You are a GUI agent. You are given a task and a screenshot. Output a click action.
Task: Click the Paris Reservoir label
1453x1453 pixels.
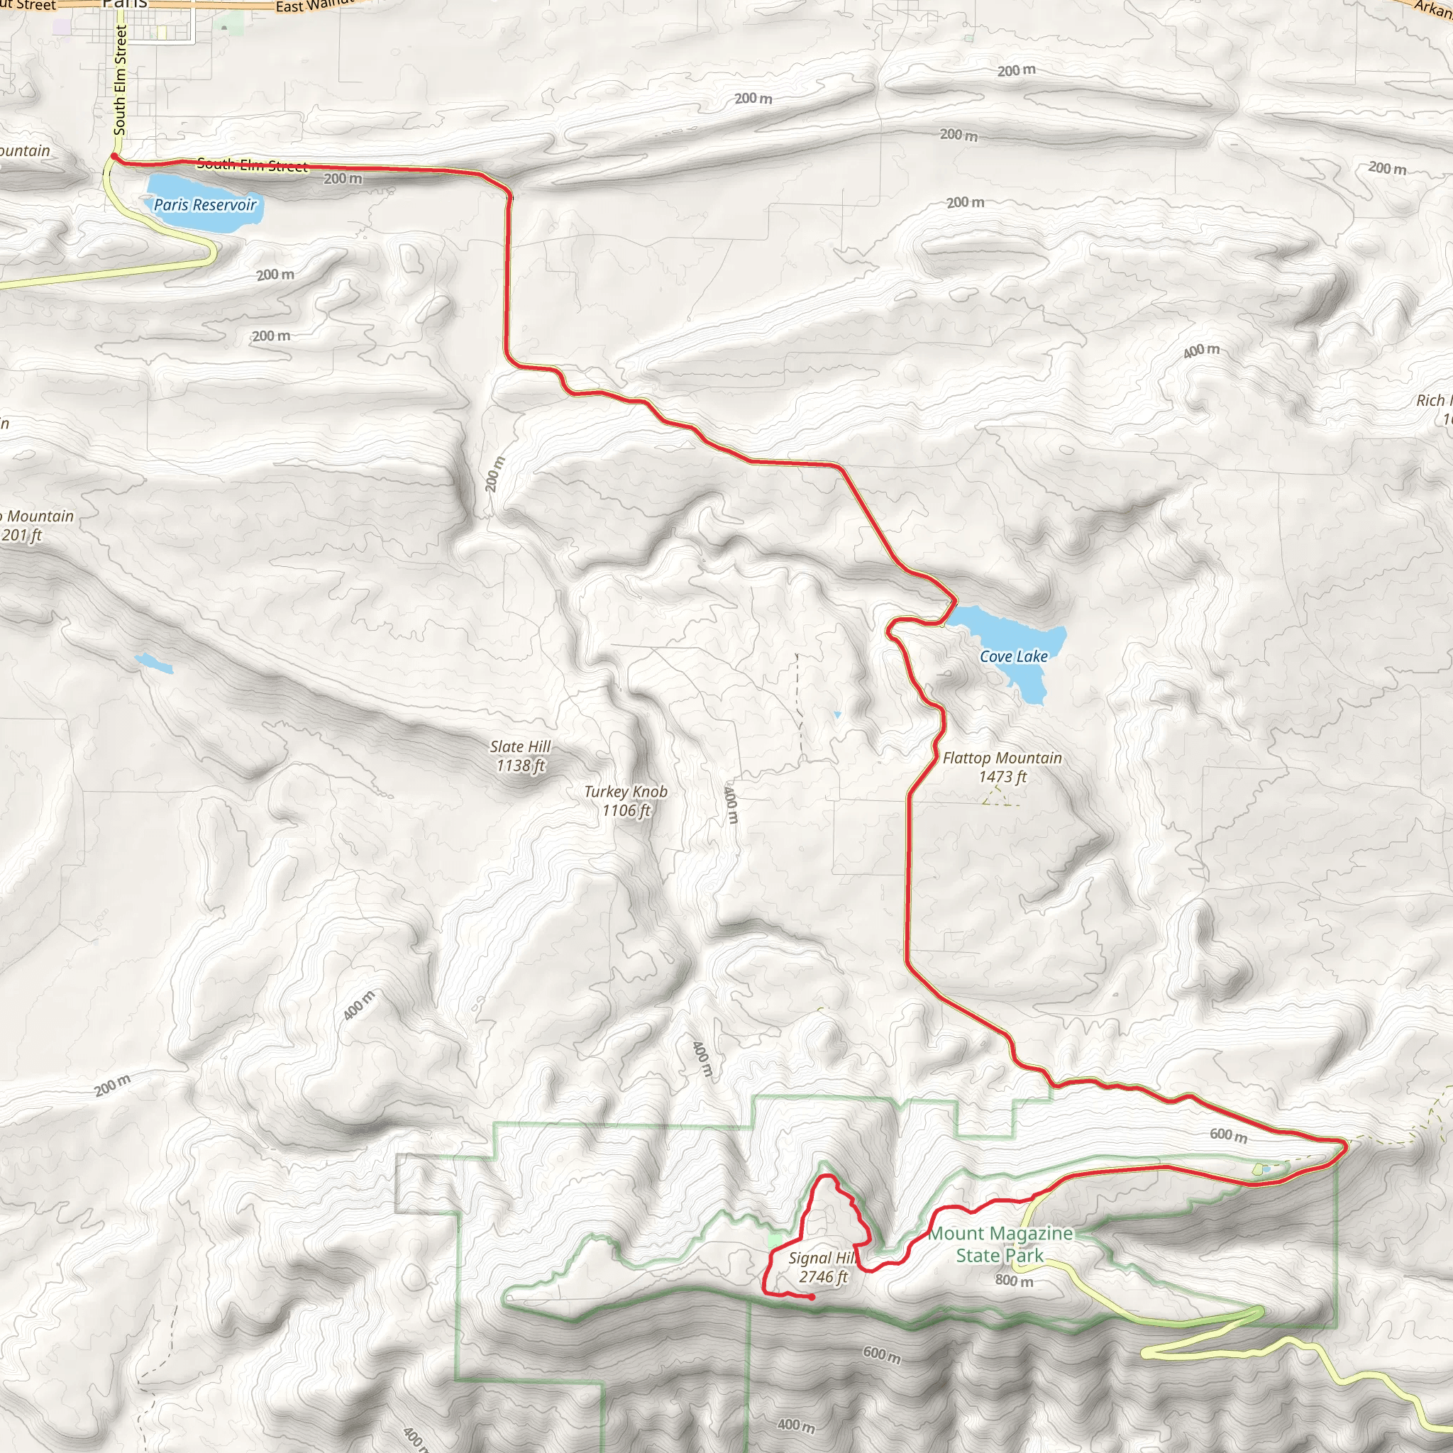pyautogui.click(x=204, y=204)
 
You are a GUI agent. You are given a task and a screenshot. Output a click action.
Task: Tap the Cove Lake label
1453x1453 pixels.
pyautogui.click(x=1013, y=656)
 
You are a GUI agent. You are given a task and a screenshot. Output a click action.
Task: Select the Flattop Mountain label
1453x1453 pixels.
pyautogui.click(x=1002, y=758)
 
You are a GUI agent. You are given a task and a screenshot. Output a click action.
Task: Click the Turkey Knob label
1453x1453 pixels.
pyautogui.click(x=626, y=792)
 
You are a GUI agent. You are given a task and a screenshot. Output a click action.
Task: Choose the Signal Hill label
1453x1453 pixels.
pyautogui.click(x=822, y=1258)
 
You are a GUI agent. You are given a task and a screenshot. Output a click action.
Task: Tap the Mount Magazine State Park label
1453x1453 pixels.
pyautogui.click(x=1000, y=1244)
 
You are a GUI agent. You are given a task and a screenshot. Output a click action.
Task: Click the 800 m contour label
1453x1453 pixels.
pyautogui.click(x=1014, y=1280)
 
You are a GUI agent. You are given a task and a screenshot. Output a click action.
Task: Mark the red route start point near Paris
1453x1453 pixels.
pyautogui.click(x=114, y=156)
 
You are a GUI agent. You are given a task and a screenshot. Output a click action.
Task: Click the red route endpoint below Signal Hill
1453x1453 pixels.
pyautogui.click(x=812, y=1298)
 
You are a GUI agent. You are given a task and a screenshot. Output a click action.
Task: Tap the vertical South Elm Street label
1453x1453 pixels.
pyautogui.click(x=121, y=79)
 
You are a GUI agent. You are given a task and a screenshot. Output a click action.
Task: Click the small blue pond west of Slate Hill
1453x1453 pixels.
pyautogui.click(x=153, y=663)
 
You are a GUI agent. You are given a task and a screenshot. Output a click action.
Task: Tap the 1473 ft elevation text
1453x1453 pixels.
pyautogui.click(x=1002, y=777)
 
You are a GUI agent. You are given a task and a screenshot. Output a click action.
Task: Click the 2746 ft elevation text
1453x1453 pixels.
pyautogui.click(x=823, y=1277)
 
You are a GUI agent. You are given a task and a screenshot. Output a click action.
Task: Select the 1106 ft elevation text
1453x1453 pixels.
pyautogui.click(x=626, y=811)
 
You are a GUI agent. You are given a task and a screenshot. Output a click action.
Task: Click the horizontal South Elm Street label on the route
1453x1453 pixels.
pyautogui.click(x=252, y=165)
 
